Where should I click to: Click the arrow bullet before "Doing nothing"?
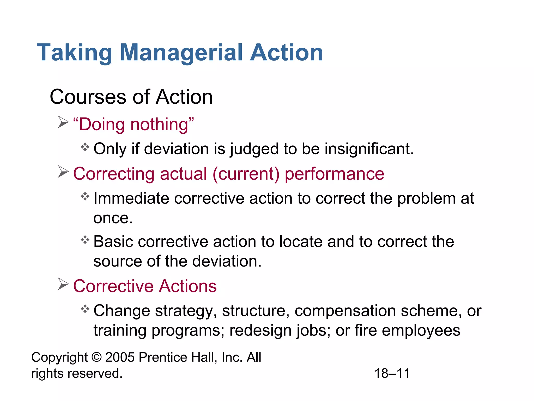point(63,122)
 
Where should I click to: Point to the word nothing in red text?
point(162,124)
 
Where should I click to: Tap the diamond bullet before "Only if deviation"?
point(85,147)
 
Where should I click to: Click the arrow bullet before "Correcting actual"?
point(63,172)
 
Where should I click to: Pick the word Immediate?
point(131,198)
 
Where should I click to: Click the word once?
point(113,218)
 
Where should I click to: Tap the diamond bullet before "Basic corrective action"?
point(85,240)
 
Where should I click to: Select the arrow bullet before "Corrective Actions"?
point(63,284)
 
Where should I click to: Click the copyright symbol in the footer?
point(96,357)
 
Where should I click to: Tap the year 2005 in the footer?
point(120,357)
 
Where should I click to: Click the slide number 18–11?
point(392,373)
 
